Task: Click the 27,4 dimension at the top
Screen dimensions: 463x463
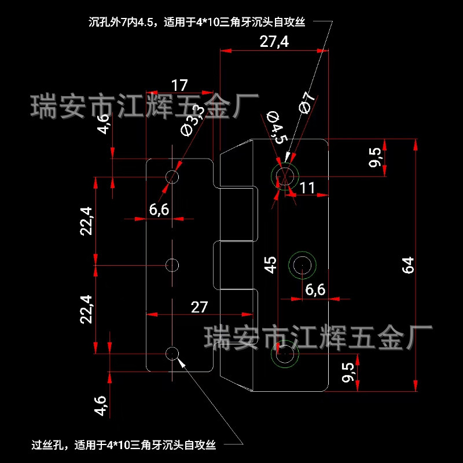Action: (x=274, y=42)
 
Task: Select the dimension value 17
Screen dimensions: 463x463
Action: (x=179, y=85)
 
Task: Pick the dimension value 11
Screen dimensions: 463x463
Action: (x=307, y=187)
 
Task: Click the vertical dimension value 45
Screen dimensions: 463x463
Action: (x=270, y=264)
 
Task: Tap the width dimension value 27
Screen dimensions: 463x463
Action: (x=199, y=307)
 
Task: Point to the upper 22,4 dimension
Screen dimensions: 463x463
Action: (x=86, y=221)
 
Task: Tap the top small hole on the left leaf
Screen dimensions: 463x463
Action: (x=172, y=176)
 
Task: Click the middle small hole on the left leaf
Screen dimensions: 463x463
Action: (x=172, y=264)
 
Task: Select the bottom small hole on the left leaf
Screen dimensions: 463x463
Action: (x=172, y=353)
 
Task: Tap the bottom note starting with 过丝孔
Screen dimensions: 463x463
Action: (x=124, y=445)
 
